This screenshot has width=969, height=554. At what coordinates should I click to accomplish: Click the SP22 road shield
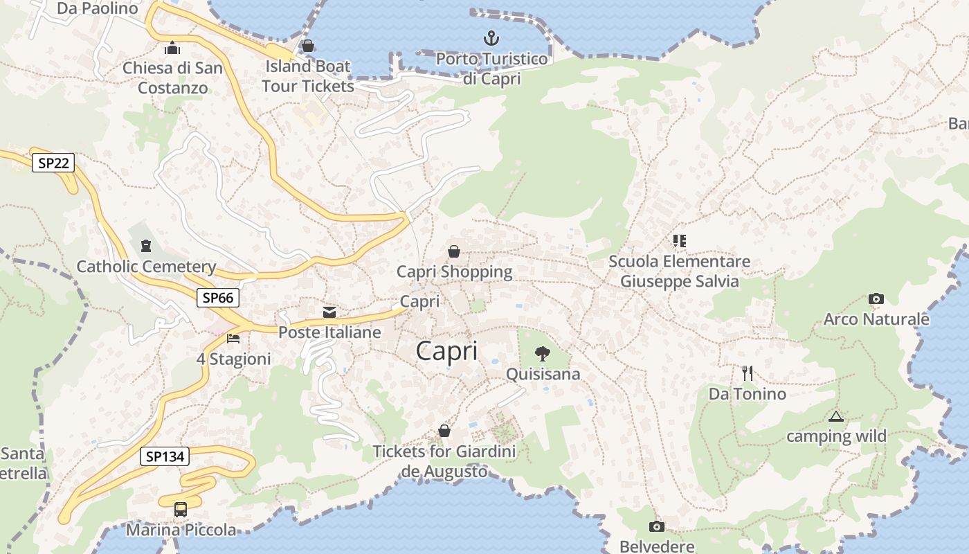(53, 163)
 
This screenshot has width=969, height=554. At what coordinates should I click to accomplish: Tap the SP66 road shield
(218, 298)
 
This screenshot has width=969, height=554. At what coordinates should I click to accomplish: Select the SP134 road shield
(165, 456)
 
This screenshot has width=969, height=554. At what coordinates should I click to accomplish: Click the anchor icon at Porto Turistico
(491, 38)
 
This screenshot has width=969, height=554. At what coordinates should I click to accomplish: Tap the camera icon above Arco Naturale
(876, 299)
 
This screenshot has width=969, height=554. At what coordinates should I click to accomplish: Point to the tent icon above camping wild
(836, 416)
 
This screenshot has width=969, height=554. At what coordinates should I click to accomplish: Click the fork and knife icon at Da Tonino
(747, 373)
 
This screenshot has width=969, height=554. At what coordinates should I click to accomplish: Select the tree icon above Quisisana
(543, 354)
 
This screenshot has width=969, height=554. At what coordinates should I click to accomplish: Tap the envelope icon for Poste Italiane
(329, 312)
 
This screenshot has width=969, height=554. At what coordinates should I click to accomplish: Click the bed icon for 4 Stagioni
(233, 339)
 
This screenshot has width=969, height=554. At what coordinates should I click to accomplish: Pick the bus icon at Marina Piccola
(181, 510)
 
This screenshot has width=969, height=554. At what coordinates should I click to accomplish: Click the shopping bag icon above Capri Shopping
(454, 251)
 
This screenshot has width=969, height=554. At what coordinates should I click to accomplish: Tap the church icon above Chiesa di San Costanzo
(172, 48)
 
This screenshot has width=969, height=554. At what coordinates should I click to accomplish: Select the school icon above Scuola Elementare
(679, 241)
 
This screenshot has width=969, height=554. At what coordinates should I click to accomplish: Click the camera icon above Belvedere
(656, 526)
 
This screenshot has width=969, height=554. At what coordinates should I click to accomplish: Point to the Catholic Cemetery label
(146, 267)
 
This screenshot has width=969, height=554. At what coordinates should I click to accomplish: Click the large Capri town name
(446, 351)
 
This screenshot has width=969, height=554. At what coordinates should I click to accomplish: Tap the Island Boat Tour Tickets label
(308, 76)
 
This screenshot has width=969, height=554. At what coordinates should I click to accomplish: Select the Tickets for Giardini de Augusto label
(444, 462)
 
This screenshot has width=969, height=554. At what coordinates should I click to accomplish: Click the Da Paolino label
(98, 8)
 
